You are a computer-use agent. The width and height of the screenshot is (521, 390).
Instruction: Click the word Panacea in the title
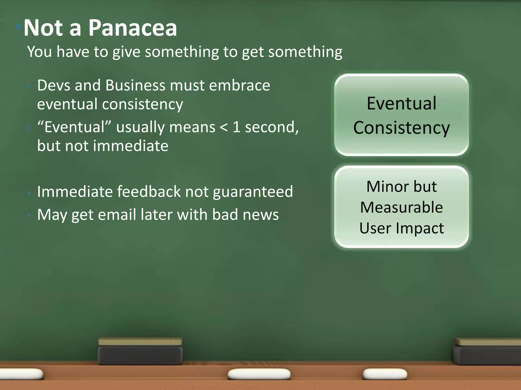click(x=133, y=28)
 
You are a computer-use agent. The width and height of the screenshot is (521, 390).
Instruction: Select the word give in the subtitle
click(x=126, y=52)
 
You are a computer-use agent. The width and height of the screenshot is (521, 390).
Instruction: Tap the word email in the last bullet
click(x=117, y=215)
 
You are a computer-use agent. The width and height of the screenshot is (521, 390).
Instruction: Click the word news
click(x=261, y=215)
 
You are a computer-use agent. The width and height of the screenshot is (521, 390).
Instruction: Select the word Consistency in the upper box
click(x=401, y=128)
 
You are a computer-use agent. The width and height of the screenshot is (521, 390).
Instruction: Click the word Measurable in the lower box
click(x=401, y=207)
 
